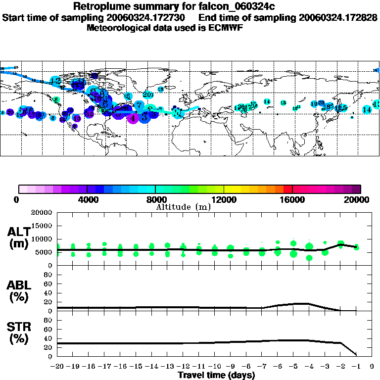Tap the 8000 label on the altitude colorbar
coord(155,200)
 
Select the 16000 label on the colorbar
coord(292,200)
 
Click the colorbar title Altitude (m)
coord(183,207)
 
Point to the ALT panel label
coord(18,238)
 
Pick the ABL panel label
coord(18,291)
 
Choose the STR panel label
coord(18,333)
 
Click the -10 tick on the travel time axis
coord(214,367)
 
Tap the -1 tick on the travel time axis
coord(356,367)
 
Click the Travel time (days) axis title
coord(216,376)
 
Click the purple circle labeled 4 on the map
coord(133,118)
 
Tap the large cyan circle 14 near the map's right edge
coord(367,109)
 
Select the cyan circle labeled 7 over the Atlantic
coord(140,105)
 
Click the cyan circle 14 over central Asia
coord(267,101)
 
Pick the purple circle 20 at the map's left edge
coord(10,112)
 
